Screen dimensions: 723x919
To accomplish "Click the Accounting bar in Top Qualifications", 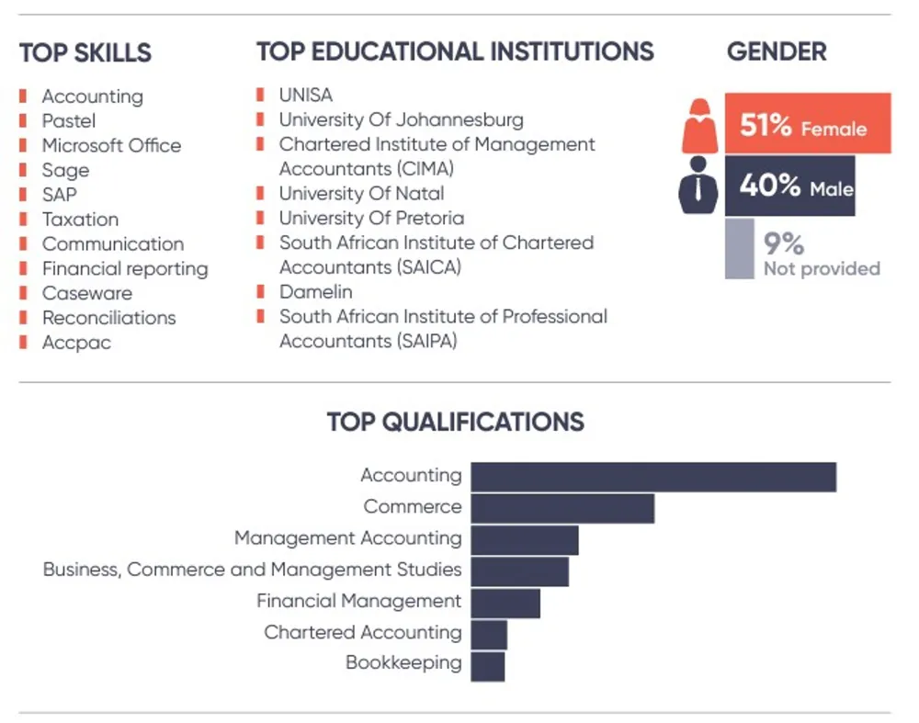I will (x=652, y=477).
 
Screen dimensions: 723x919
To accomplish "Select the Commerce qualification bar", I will (x=562, y=508).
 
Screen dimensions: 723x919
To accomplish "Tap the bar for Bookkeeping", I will (x=488, y=665).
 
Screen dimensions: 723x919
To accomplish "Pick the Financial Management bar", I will (x=505, y=603).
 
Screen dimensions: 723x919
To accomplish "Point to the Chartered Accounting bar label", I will (x=362, y=633).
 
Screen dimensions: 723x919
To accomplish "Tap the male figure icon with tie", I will (x=699, y=186).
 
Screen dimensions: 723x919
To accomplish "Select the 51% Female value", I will (x=802, y=125).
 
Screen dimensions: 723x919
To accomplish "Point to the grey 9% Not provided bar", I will (x=739, y=248).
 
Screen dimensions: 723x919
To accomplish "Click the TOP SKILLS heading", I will (x=85, y=53).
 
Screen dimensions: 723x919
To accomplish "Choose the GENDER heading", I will (x=777, y=51).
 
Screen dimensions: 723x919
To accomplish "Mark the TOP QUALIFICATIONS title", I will (x=455, y=422).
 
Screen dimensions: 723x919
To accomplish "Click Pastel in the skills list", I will (x=68, y=121).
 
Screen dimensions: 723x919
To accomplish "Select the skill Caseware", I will (x=87, y=294).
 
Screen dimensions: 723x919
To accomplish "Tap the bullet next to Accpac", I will (x=23, y=343).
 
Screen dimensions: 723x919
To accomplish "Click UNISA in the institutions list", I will (x=306, y=96).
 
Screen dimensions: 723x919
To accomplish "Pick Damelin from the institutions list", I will (x=315, y=292).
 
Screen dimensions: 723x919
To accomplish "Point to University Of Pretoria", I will (x=371, y=219).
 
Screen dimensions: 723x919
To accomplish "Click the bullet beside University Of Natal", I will (x=260, y=193).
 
